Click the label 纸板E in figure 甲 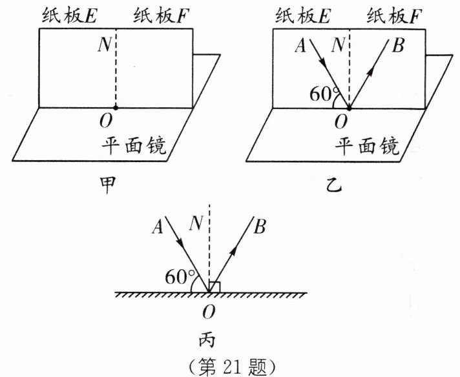(x=68, y=14)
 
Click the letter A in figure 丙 (x=157, y=226)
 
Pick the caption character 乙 (x=336, y=188)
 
